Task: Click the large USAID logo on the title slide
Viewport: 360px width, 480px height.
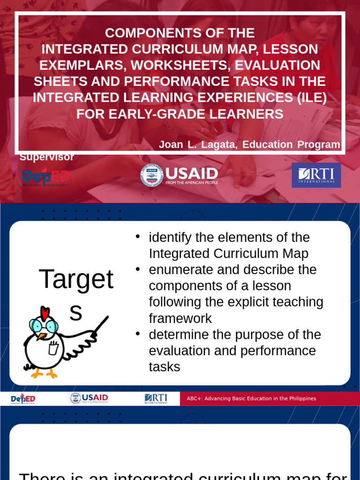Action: (180, 175)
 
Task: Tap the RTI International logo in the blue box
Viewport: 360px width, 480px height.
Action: (316, 175)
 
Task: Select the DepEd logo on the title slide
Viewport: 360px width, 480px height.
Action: (46, 177)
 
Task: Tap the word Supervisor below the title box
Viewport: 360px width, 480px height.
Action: (47, 157)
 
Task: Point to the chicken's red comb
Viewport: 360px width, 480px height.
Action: (45, 312)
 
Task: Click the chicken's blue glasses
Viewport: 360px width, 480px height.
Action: (43, 325)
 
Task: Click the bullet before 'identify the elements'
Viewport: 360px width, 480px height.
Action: (138, 237)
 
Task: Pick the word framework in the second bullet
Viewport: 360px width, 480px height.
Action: (180, 319)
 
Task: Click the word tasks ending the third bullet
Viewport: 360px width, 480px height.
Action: (165, 367)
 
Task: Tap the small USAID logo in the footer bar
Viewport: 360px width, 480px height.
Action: (89, 398)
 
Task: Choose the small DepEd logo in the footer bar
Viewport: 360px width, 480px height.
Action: (23, 399)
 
